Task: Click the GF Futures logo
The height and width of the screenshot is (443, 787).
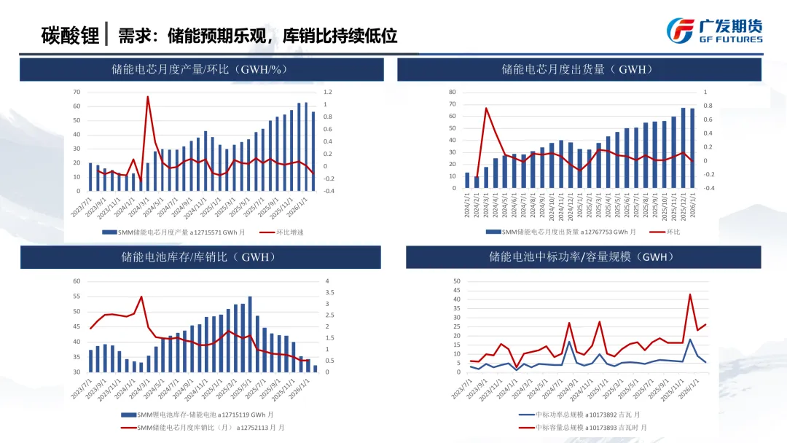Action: tap(714, 30)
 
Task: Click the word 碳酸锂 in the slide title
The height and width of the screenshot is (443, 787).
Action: tap(70, 35)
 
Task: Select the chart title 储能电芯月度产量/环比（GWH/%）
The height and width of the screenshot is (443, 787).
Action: tap(201, 70)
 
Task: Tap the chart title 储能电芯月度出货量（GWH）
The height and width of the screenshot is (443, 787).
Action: tap(579, 70)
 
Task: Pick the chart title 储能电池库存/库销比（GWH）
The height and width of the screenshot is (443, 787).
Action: tap(200, 257)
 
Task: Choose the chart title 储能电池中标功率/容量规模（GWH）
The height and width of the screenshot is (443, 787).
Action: tap(583, 257)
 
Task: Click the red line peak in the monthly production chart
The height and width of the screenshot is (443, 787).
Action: tap(148, 97)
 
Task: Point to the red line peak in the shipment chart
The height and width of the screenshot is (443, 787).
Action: tap(486, 109)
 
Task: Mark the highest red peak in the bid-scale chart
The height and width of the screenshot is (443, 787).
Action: tap(690, 294)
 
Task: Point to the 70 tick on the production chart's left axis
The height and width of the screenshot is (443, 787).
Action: tap(77, 93)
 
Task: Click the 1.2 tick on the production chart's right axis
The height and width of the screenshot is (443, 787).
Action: tap(327, 93)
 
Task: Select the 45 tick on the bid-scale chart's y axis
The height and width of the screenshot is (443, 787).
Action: tap(457, 290)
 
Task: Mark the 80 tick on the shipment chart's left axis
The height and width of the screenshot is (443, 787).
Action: tap(453, 93)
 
